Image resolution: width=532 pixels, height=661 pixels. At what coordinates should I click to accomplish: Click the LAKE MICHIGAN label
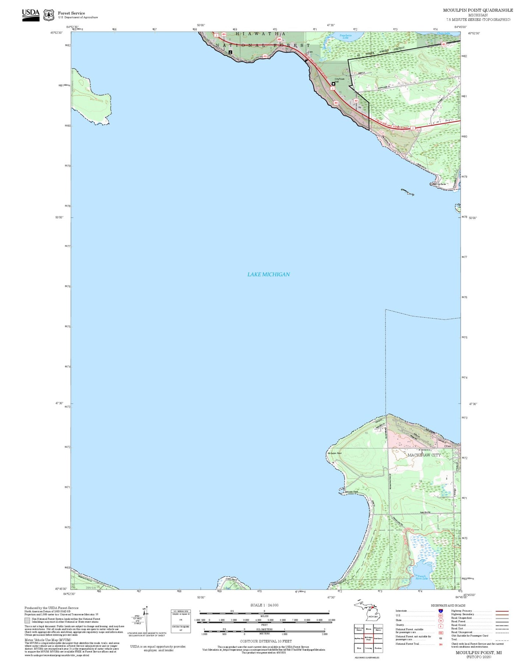[x=268, y=274]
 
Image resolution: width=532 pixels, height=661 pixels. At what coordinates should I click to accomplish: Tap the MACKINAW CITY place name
[x=424, y=455]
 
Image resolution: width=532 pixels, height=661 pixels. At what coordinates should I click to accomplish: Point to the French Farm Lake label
[x=421, y=577]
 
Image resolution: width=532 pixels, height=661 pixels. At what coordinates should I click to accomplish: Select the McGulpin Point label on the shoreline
[x=334, y=453]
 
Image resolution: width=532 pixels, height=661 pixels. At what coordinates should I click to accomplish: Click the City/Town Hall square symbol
[x=333, y=84]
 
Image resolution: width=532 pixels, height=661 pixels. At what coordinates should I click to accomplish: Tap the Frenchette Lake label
[x=345, y=36]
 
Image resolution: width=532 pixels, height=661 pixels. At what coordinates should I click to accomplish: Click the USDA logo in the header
[x=31, y=15]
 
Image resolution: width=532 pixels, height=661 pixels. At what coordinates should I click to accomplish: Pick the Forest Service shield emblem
[x=49, y=15]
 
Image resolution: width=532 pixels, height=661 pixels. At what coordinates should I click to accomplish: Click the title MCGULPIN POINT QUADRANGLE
[x=478, y=10]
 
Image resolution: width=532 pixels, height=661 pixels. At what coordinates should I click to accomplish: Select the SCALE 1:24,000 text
[x=264, y=605]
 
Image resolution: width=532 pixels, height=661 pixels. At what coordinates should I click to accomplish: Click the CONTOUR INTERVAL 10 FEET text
[x=266, y=641]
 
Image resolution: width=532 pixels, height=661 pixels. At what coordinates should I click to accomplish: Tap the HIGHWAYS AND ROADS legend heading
[x=448, y=605]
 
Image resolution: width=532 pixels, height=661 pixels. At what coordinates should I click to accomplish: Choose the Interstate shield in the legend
[x=441, y=611]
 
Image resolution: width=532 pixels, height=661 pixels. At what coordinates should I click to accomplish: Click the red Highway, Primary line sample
[x=502, y=611]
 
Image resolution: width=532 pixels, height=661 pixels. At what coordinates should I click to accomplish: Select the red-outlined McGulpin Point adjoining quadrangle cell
[x=369, y=639]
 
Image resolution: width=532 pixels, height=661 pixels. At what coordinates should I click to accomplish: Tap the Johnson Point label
[x=351, y=492]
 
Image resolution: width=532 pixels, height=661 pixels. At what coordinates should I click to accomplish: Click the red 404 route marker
[x=223, y=34]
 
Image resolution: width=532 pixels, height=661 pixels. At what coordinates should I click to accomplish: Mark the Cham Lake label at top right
[x=443, y=34]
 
